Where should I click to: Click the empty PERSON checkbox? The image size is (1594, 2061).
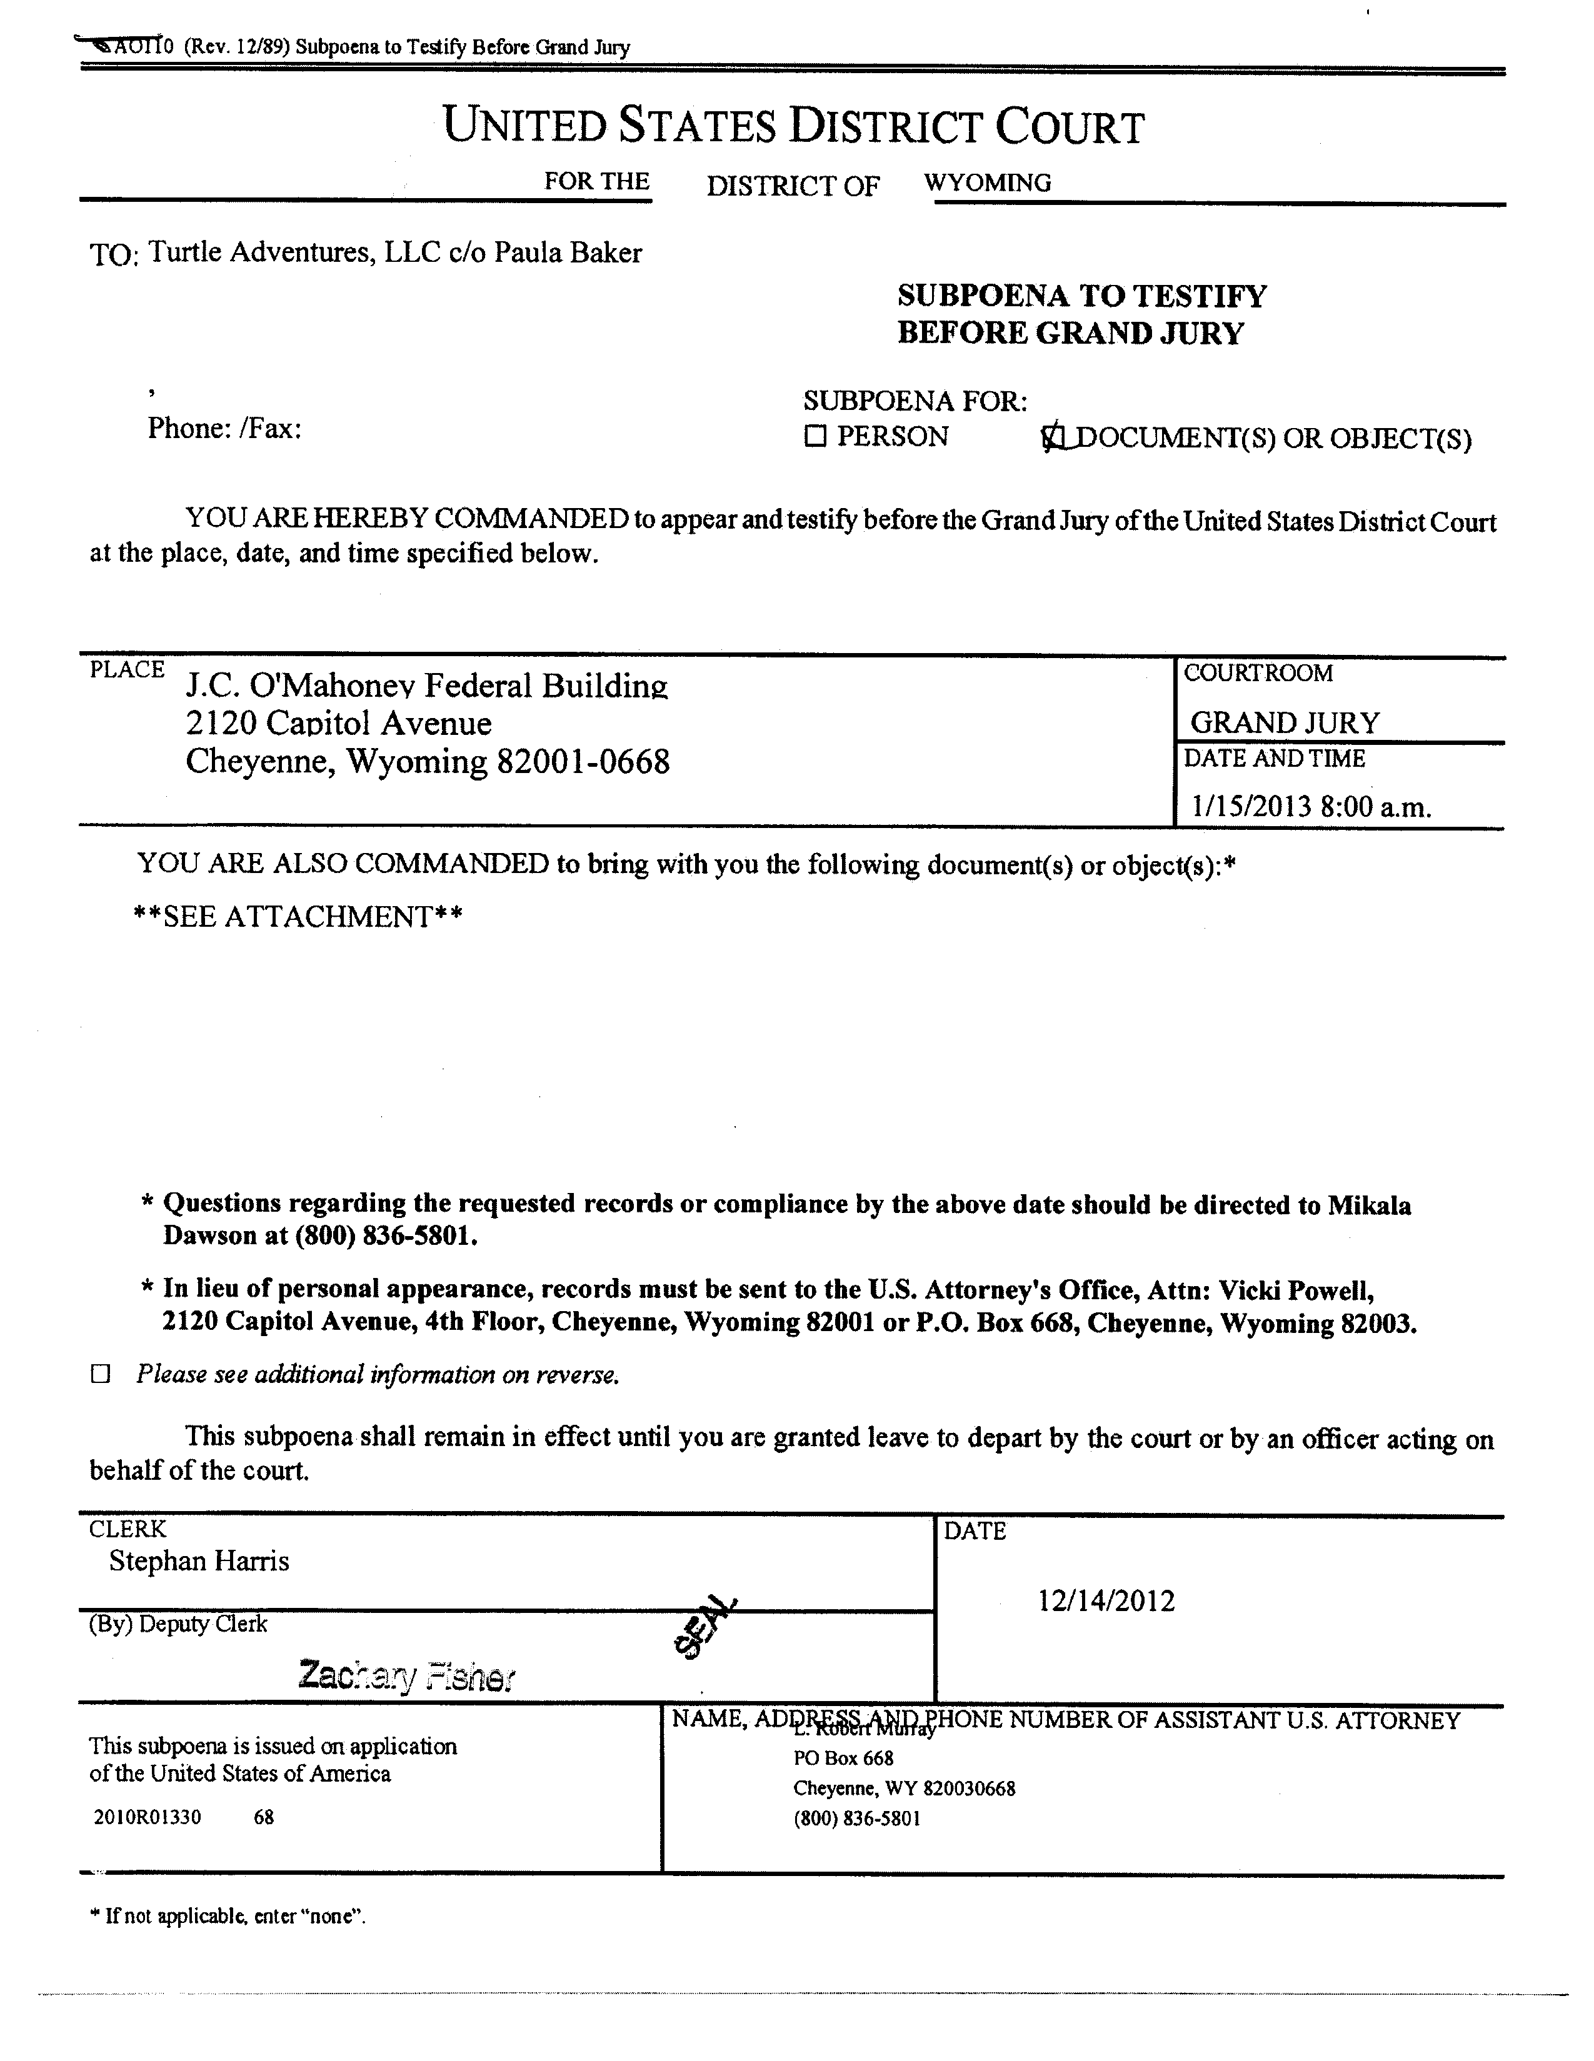815,436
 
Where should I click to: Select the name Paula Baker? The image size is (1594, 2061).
568,253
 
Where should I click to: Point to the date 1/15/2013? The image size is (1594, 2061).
1250,806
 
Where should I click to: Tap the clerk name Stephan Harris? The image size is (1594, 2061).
199,1561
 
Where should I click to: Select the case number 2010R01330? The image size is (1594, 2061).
148,1817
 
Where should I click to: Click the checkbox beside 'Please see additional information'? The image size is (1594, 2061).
100,1374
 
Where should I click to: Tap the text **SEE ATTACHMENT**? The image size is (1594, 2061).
298,916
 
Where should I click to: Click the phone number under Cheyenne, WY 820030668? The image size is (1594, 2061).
856,1819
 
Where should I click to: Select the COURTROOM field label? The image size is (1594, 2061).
1258,673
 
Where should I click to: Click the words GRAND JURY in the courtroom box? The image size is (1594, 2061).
1285,723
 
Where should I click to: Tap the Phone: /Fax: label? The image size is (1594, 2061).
224,429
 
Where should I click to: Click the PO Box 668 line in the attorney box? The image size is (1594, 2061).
843,1758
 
